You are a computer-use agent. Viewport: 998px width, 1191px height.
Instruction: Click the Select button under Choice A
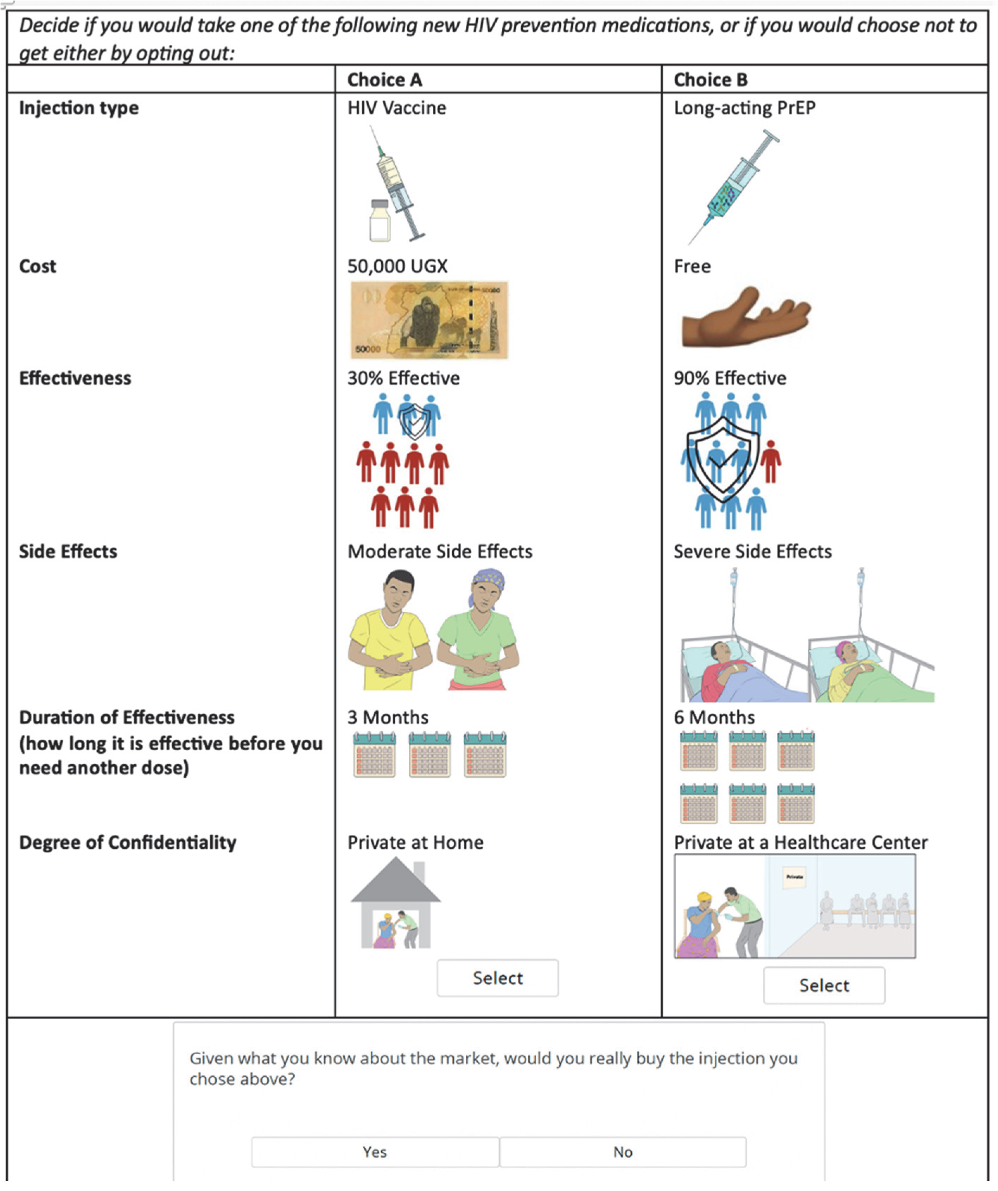click(x=497, y=978)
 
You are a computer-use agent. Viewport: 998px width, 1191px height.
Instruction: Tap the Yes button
click(x=375, y=1152)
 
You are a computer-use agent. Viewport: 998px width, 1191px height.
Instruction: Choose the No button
click(x=623, y=1152)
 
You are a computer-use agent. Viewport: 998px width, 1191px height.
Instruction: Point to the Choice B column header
click(x=711, y=80)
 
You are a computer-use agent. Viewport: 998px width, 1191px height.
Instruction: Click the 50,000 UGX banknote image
click(x=429, y=320)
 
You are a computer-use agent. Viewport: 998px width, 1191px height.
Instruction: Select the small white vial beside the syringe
click(x=379, y=221)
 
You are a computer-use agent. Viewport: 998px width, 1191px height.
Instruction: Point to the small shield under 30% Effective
click(x=414, y=421)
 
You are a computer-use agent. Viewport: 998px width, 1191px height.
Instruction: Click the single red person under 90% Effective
click(x=770, y=460)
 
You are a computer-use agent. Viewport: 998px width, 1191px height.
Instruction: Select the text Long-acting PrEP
click(x=744, y=108)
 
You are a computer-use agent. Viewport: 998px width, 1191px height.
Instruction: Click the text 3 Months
click(x=388, y=718)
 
